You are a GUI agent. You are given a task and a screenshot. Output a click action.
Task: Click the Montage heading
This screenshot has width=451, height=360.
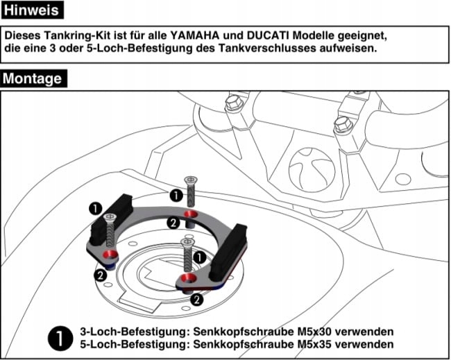click(x=32, y=78)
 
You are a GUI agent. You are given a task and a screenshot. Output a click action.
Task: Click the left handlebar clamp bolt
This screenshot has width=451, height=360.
click(x=232, y=105)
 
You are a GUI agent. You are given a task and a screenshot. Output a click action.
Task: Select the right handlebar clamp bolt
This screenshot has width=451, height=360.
click(x=342, y=125)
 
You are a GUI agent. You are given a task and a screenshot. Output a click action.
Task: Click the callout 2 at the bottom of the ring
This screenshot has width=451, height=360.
click(x=196, y=300)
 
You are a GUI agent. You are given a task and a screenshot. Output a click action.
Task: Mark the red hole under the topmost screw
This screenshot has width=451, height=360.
click(x=192, y=211)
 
